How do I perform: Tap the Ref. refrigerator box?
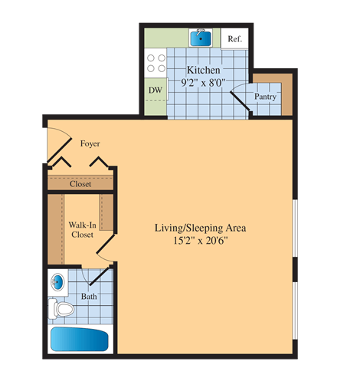pos(234,39)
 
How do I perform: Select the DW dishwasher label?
pos(154,90)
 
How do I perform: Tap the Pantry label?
pos(266,97)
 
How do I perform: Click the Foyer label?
pos(90,143)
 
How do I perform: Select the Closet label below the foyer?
pos(80,184)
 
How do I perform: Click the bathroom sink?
pos(58,282)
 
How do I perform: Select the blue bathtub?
pos(80,340)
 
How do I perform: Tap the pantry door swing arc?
pos(241,98)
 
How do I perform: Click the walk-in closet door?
pos(106,245)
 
